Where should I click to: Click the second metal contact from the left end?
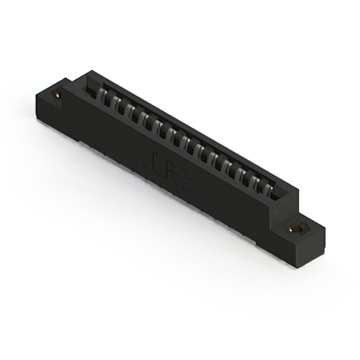116,103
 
